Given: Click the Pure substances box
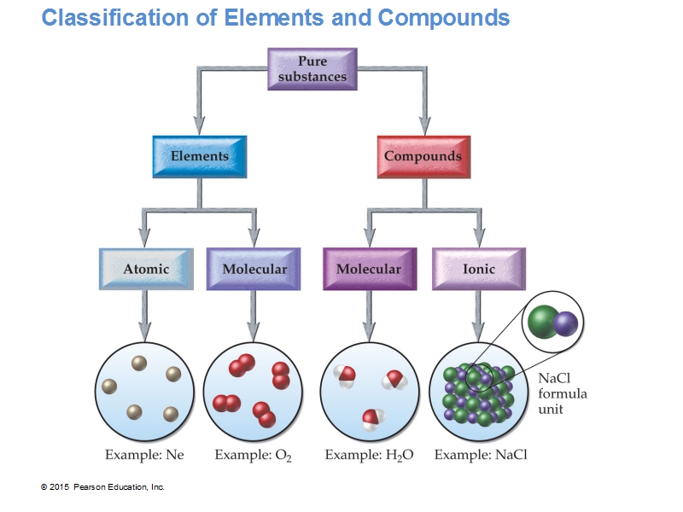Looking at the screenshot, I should coord(312,69).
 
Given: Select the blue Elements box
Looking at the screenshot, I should coord(200,156).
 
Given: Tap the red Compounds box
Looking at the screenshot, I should coord(423,156).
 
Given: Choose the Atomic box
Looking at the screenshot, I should coord(146,269).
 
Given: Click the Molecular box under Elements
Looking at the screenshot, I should coord(254,269).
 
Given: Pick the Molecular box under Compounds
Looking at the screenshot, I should coord(369,269).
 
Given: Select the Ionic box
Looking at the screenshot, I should coord(478,269).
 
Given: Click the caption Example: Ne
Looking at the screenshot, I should coord(144,455).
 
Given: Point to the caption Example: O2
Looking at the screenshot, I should coord(253,455).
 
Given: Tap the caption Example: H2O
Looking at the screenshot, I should coord(369,455).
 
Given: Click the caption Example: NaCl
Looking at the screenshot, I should coord(481,455).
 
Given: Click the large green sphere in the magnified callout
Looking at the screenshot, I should coord(543,322).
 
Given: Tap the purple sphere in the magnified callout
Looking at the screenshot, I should coord(565,323).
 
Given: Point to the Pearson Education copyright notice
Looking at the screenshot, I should coord(102,486).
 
